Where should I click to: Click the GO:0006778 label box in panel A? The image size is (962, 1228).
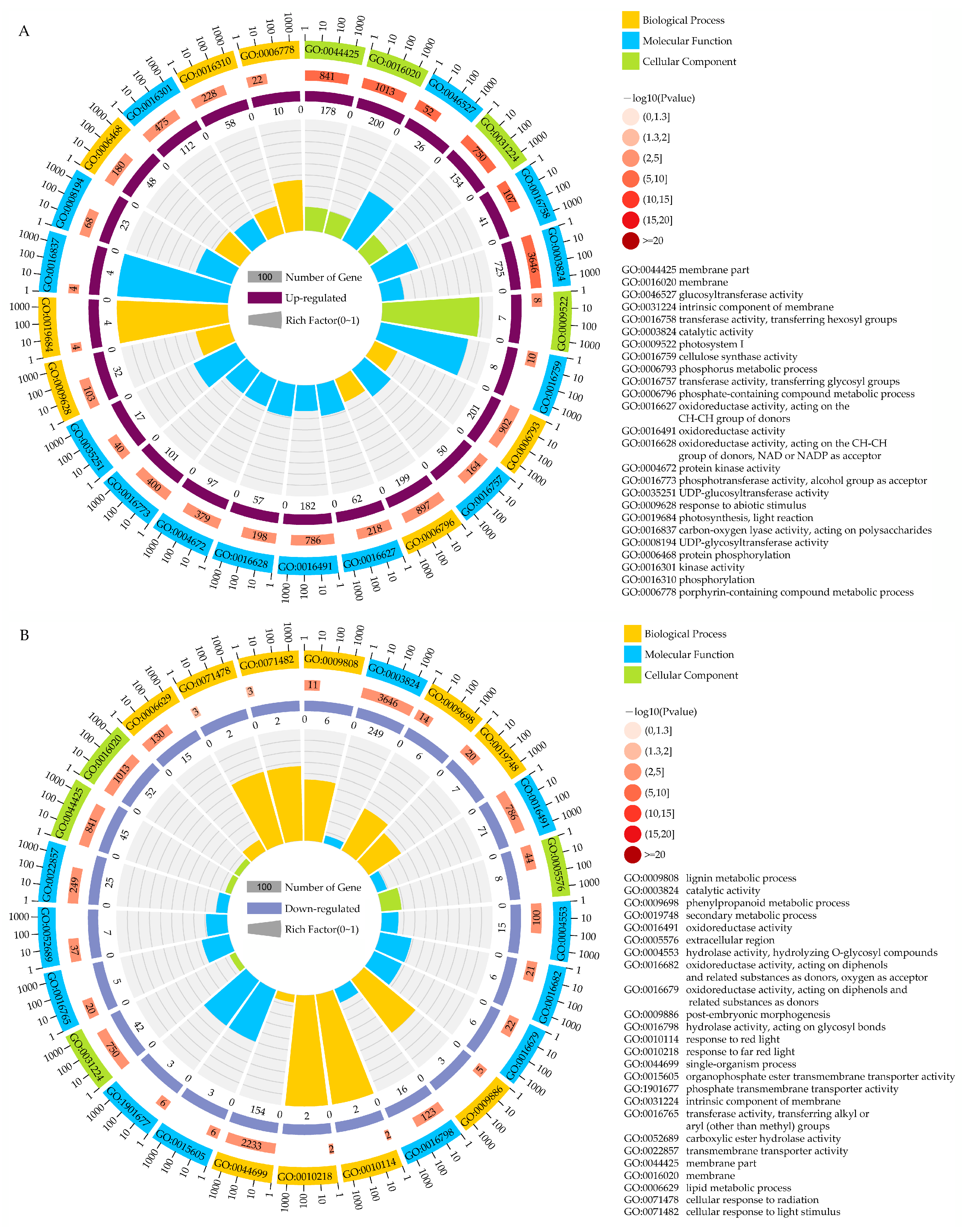coord(268,52)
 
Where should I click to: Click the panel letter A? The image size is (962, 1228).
coord(24,31)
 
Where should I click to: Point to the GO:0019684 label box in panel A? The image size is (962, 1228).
coord(47,326)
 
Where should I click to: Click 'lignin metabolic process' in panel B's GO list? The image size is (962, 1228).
coord(741,878)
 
